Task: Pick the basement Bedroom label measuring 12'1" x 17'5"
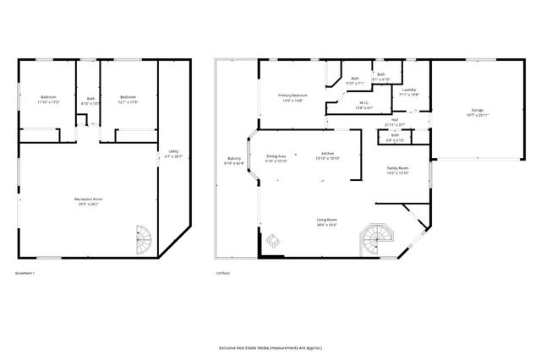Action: point(128,100)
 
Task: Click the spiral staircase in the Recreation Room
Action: point(145,238)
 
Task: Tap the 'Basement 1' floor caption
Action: point(25,273)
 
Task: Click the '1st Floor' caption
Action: point(222,273)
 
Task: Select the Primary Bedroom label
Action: point(292,98)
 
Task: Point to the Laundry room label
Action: point(408,91)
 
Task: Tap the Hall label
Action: point(383,122)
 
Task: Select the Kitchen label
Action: point(326,155)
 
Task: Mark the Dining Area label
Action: point(276,157)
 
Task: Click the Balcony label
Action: point(234,161)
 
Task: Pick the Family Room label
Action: point(397,170)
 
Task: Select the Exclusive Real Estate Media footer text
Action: point(270,347)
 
